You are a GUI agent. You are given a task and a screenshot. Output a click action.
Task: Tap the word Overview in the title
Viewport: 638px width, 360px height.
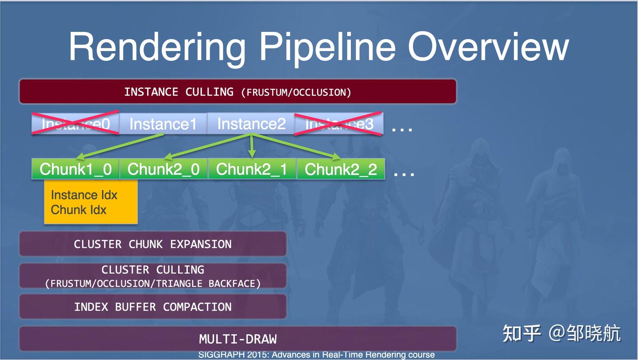tap(488, 47)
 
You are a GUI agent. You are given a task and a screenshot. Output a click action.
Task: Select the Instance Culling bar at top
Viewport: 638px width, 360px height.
tap(237, 92)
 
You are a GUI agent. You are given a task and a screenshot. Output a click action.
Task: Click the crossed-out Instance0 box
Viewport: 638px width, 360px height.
tap(75, 124)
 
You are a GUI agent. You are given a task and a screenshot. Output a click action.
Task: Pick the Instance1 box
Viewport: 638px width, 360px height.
tap(163, 124)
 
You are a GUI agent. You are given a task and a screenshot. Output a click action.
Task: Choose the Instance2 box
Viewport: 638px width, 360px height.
tap(251, 124)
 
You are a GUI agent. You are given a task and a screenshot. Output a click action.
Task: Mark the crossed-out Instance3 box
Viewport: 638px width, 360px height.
tap(339, 124)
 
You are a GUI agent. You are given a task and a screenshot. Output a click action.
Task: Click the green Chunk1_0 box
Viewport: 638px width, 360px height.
tap(75, 169)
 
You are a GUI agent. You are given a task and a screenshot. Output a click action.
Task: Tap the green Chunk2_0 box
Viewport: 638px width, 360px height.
tap(163, 169)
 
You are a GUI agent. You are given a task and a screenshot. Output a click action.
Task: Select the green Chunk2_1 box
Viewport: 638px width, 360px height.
tap(252, 169)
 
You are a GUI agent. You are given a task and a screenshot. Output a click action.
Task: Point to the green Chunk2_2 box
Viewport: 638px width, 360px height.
tap(340, 169)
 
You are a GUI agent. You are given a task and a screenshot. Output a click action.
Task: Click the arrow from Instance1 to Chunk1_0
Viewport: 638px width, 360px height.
tap(120, 146)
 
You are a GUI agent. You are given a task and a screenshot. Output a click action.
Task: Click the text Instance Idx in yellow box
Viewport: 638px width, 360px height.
tap(84, 195)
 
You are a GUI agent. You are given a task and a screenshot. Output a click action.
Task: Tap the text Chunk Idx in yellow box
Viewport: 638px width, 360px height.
tap(78, 210)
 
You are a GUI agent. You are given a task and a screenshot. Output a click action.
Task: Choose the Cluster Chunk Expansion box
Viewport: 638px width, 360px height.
tap(152, 244)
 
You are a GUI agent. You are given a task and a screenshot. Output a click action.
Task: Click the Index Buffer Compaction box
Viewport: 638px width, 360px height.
tap(152, 307)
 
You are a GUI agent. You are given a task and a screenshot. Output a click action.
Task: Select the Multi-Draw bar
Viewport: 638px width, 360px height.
tap(237, 339)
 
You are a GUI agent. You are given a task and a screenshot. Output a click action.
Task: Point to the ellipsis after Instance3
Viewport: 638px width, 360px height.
tap(402, 128)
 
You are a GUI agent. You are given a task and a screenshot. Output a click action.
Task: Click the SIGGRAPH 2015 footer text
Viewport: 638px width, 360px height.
tap(316, 355)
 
